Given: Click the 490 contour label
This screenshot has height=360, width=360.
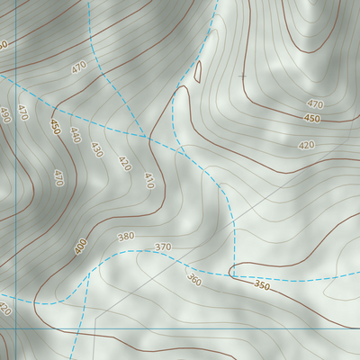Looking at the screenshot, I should tap(5, 114).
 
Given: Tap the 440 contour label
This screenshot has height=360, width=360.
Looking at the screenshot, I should tap(75, 135).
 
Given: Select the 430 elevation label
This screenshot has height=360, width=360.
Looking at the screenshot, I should tap(97, 149).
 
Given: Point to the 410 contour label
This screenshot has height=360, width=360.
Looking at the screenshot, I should tap(148, 181).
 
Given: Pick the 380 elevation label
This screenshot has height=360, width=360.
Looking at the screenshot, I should tap(125, 237).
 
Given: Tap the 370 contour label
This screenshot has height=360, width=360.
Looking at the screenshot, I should tap(163, 247).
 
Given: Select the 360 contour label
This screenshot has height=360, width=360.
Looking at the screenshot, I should tap(193, 279).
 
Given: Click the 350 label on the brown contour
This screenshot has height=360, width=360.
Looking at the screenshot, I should tap(261, 285).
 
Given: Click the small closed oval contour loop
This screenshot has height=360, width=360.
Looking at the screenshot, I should tap(198, 71).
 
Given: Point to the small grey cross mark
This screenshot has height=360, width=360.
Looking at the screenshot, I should tap(242, 76).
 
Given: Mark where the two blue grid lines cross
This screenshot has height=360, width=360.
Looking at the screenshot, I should tap(16, 328).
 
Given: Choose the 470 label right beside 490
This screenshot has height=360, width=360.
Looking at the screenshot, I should tap(22, 113).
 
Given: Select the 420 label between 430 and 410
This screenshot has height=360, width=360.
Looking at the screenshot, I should tap(124, 164).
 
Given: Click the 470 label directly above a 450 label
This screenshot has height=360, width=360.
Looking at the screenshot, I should tap(315, 104).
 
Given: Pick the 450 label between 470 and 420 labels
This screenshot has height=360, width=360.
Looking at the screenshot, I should tap(311, 119).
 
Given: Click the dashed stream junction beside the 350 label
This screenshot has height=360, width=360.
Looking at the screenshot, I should tap(232, 274).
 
